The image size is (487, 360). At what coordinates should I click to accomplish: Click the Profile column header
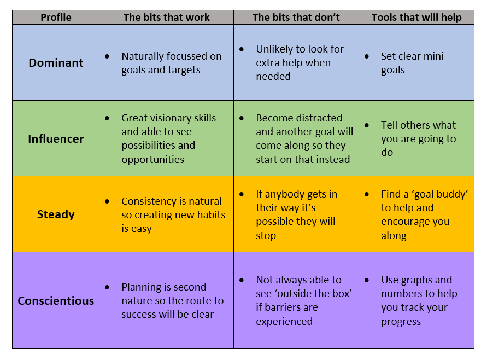pyautogui.click(x=56, y=18)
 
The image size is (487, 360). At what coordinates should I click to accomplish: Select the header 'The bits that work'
pyautogui.click(x=166, y=18)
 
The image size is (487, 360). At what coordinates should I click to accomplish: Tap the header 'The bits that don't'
pyautogui.click(x=296, y=18)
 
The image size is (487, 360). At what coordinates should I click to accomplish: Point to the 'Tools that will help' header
pyautogui.click(x=416, y=18)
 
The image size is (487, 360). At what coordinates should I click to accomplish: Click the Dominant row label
pyautogui.click(x=56, y=62)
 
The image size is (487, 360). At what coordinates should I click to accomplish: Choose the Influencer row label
pyautogui.click(x=56, y=138)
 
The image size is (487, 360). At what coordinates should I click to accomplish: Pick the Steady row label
pyautogui.click(x=56, y=214)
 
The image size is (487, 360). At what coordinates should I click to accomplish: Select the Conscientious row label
pyautogui.click(x=56, y=300)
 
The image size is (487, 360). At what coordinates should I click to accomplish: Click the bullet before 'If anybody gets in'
pyautogui.click(x=242, y=194)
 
